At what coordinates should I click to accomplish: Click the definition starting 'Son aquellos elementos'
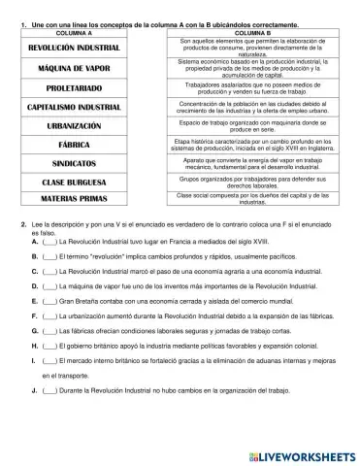point(257,48)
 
